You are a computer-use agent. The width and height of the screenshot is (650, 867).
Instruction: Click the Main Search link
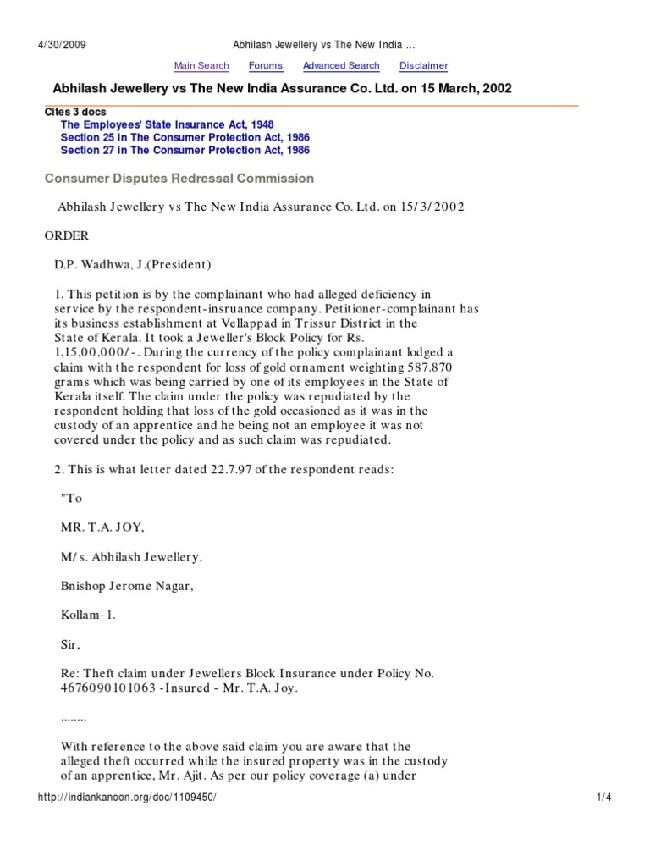pos(201,66)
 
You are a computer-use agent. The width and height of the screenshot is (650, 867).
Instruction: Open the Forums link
pos(266,66)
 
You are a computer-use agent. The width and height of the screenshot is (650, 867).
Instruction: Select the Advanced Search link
pos(341,66)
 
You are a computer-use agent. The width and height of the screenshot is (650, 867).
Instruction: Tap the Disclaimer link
pos(423,66)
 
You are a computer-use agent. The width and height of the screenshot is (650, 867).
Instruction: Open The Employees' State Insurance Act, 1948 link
pos(168,124)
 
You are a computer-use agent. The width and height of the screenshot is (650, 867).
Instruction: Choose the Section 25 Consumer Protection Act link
pos(185,137)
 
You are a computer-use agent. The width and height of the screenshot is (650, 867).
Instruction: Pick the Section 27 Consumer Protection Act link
pos(185,150)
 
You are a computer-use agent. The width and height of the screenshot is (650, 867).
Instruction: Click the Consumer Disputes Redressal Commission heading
pos(179,179)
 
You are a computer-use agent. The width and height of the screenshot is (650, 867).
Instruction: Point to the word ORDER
pos(66,235)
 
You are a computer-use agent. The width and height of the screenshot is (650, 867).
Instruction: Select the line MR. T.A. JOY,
pos(102,527)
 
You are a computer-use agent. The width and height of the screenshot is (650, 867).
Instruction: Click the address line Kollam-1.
pos(88,615)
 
